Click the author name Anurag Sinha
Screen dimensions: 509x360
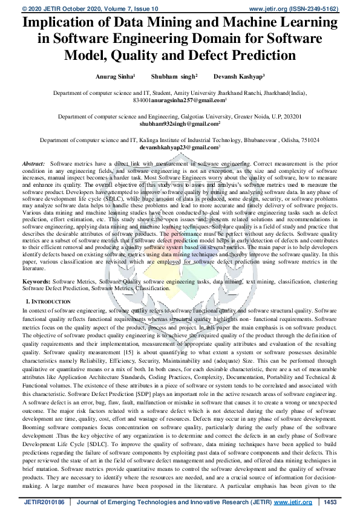(114, 78)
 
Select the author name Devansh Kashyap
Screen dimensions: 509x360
(247, 78)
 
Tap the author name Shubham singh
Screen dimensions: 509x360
(177, 78)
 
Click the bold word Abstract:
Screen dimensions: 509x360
(33, 164)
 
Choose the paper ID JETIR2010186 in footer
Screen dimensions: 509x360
(43, 502)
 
